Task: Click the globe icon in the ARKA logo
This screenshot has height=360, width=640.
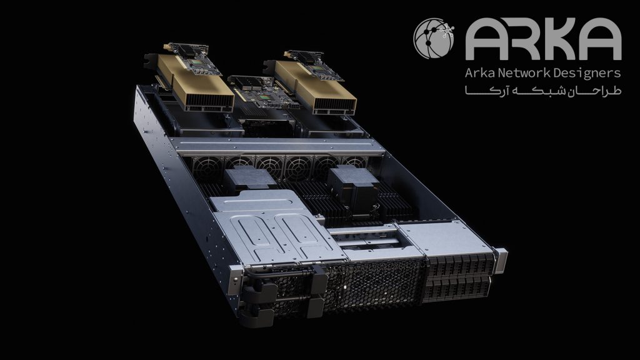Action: pos(434,38)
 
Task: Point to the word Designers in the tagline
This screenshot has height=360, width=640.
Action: pos(587,74)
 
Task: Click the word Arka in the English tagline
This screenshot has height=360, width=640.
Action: pos(479,73)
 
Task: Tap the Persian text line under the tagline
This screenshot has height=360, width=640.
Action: pos(543,91)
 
